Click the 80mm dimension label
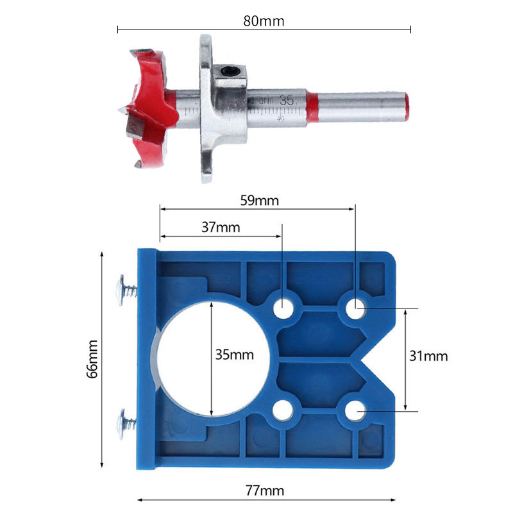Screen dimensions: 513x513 click(x=264, y=21)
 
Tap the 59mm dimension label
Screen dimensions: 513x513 click(x=258, y=200)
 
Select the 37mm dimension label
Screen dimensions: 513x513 click(x=220, y=227)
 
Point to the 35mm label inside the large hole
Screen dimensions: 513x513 click(x=234, y=355)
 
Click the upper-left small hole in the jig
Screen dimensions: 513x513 click(x=283, y=308)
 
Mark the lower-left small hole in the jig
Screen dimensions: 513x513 click(x=283, y=410)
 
